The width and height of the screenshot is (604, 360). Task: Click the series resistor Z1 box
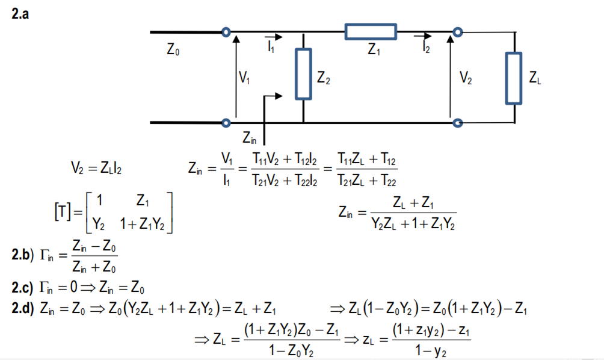click(x=371, y=32)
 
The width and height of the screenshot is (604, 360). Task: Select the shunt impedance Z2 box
click(x=303, y=74)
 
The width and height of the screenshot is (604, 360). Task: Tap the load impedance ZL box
click(x=514, y=78)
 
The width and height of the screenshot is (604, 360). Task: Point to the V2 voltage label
click(x=466, y=76)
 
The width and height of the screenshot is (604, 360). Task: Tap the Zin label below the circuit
click(x=250, y=139)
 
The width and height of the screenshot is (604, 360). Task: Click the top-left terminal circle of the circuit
click(x=226, y=32)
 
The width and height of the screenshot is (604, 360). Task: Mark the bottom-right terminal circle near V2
click(x=458, y=123)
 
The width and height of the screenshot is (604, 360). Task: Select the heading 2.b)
click(x=24, y=256)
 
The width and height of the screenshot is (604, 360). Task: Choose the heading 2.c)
click(x=24, y=285)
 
